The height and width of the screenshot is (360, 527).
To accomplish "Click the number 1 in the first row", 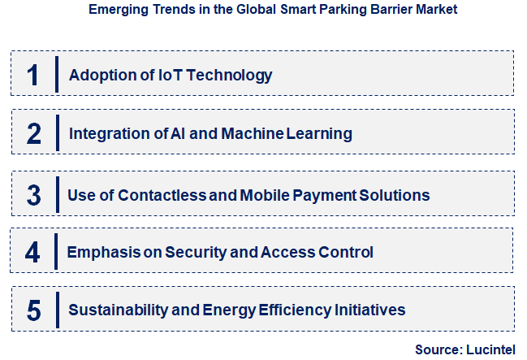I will (32, 75).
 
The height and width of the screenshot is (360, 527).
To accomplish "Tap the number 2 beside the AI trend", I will (33, 133).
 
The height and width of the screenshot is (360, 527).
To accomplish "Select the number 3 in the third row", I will (33, 195).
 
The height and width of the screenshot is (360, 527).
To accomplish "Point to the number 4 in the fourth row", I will (32, 252).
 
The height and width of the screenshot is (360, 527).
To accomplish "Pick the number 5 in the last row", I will (33, 310).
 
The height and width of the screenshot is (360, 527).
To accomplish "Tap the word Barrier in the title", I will (382, 11).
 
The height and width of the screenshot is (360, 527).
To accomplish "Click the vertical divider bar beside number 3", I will (57, 194).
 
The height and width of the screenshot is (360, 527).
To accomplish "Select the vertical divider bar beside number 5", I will (57, 310).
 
